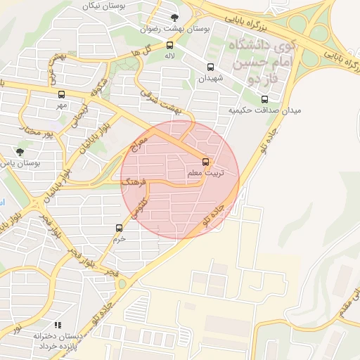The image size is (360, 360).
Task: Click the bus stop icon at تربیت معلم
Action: click(x=205, y=160)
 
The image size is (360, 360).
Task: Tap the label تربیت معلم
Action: click(x=205, y=172)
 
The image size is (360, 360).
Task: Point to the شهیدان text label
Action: click(x=210, y=78)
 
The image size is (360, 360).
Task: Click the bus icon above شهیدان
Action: click(x=210, y=67)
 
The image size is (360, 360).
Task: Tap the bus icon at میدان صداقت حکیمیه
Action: click(x=264, y=99)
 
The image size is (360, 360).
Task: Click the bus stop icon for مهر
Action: click(x=61, y=94)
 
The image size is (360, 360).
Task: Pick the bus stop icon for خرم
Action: click(x=118, y=228)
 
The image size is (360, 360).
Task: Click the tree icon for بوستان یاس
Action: click(x=19, y=151)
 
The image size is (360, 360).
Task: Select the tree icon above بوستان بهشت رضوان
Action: click(x=175, y=18)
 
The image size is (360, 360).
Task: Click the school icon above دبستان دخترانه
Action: click(x=58, y=325)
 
